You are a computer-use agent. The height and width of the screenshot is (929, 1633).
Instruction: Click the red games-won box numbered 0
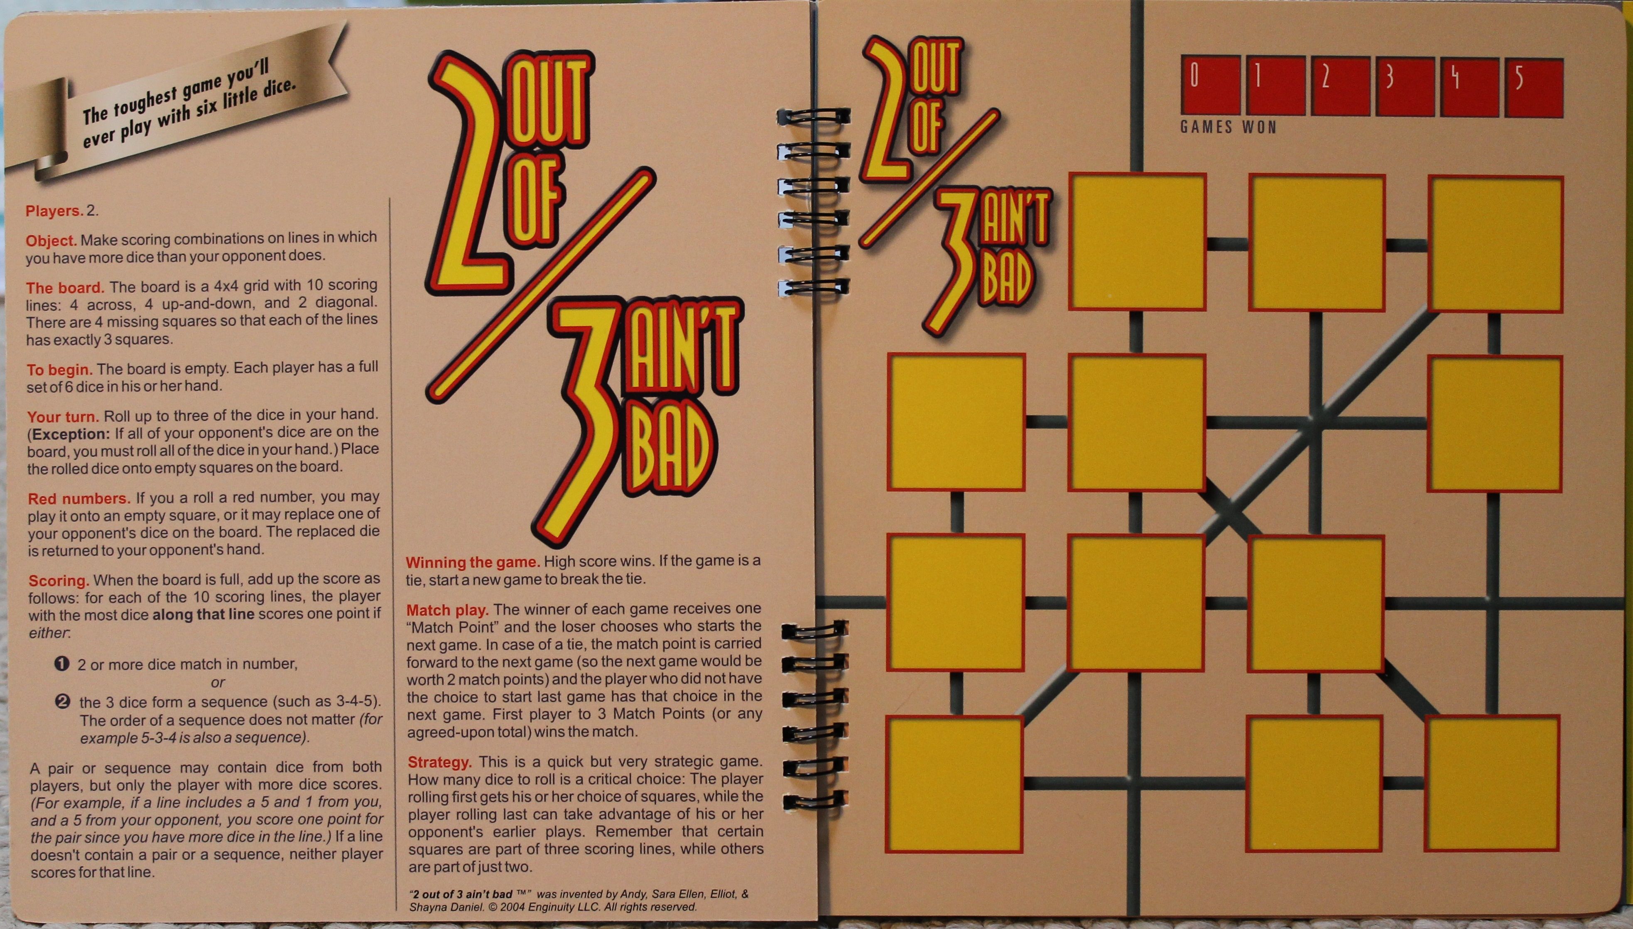click(1210, 86)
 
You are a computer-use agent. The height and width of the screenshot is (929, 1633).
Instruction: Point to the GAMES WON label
click(1228, 127)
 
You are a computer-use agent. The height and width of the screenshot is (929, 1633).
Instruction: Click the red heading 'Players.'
click(55, 211)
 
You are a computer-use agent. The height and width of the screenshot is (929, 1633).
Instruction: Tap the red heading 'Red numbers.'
click(79, 498)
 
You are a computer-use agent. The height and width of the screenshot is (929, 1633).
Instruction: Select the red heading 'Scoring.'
click(59, 581)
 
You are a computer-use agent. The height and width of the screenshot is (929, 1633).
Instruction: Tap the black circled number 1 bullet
click(62, 664)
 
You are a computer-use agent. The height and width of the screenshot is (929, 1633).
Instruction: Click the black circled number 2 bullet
click(63, 702)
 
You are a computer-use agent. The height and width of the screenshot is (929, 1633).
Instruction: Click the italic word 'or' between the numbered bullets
click(218, 682)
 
